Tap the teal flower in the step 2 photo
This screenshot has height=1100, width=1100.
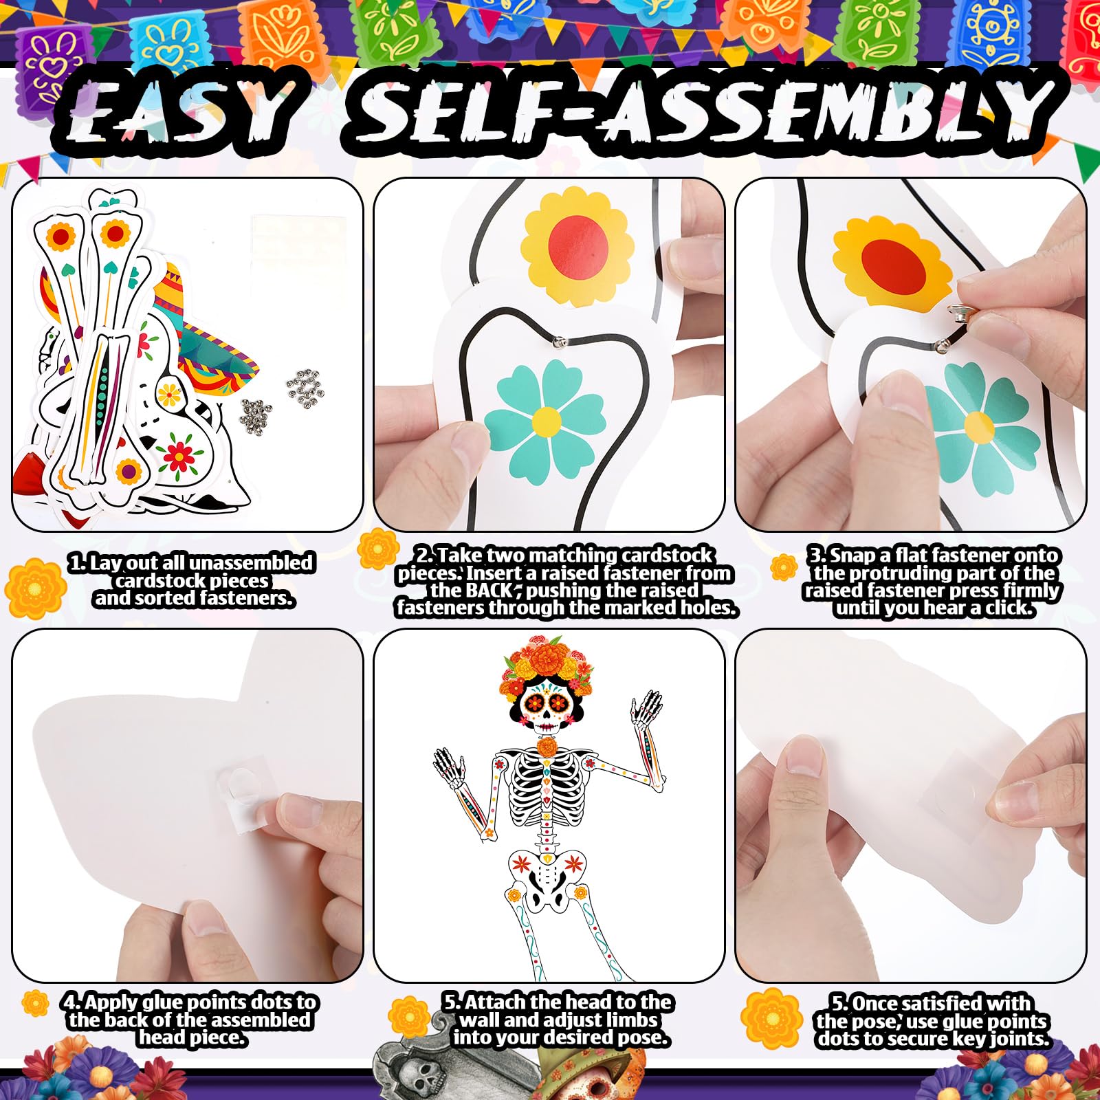click(546, 419)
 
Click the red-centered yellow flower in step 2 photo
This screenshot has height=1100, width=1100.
click(577, 241)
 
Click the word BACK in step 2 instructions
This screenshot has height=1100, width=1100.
click(491, 590)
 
